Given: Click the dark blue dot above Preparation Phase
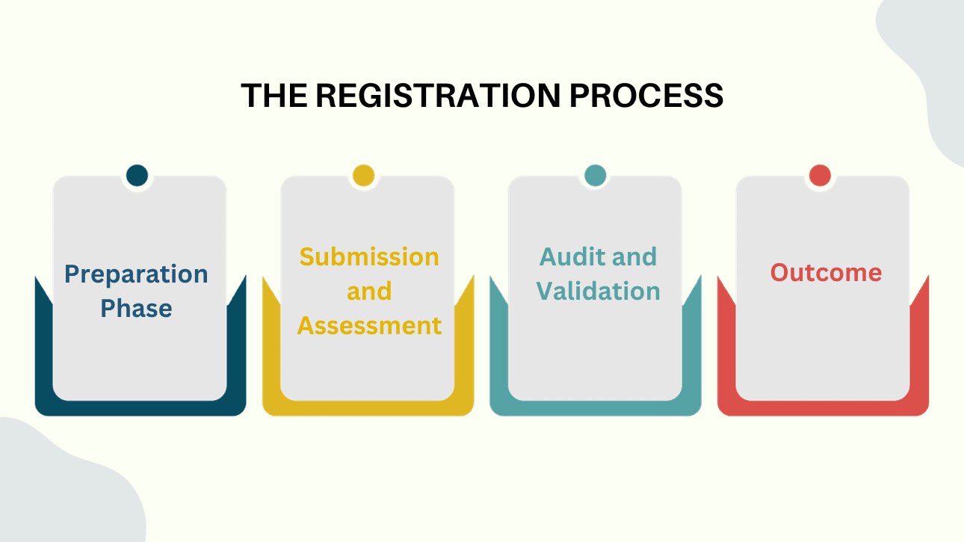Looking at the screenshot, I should tap(138, 176).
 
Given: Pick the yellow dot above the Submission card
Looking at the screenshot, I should tap(364, 176).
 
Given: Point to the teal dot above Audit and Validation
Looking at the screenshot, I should tap(595, 176).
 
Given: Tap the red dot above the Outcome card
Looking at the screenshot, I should tap(820, 176).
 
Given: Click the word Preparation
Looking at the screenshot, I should tap(136, 274).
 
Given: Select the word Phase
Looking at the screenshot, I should tap(136, 308).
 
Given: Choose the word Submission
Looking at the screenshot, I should tap(369, 256).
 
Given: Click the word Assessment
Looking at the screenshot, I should tap(369, 325).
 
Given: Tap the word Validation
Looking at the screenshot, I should tap(598, 291).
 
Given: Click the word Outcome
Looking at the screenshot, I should tap(826, 272).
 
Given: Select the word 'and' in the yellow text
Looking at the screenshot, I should tap(369, 291).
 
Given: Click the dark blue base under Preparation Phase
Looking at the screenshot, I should tap(140, 408).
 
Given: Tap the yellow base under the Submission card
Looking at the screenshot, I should tap(368, 408).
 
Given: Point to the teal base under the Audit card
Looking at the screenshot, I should tap(595, 408).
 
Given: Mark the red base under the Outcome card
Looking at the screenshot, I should tap(823, 408).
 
